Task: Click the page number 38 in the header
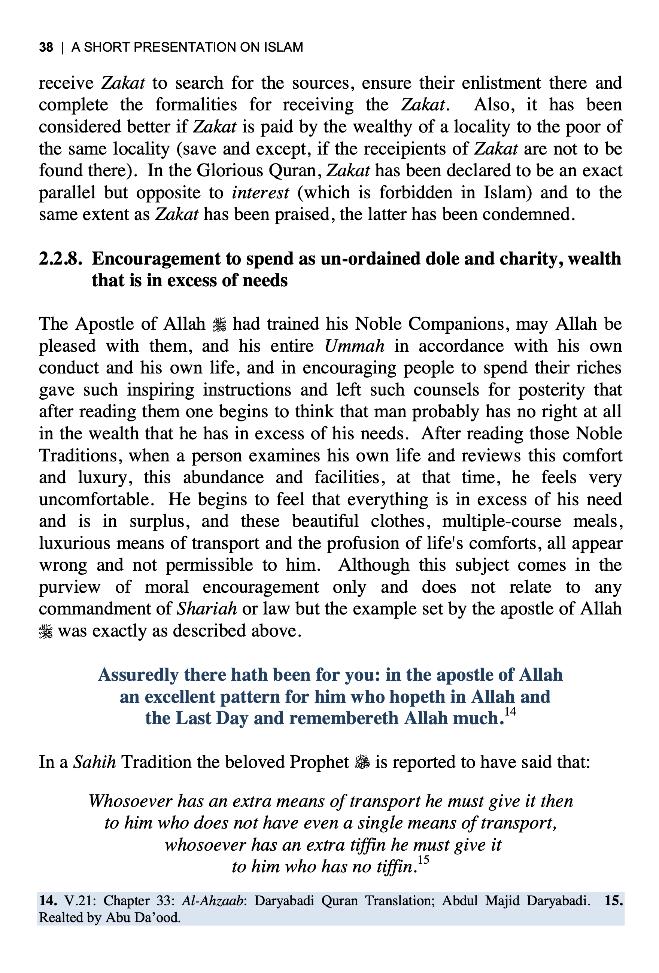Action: coord(46,47)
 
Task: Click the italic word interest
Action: coord(260,193)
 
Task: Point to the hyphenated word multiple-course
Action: coord(501,521)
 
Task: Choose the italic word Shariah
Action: coord(207,609)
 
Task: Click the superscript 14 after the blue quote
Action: coord(510,711)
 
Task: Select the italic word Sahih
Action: coord(94,762)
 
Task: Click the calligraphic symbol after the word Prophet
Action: coord(362,762)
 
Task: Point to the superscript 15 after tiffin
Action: coord(423,860)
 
